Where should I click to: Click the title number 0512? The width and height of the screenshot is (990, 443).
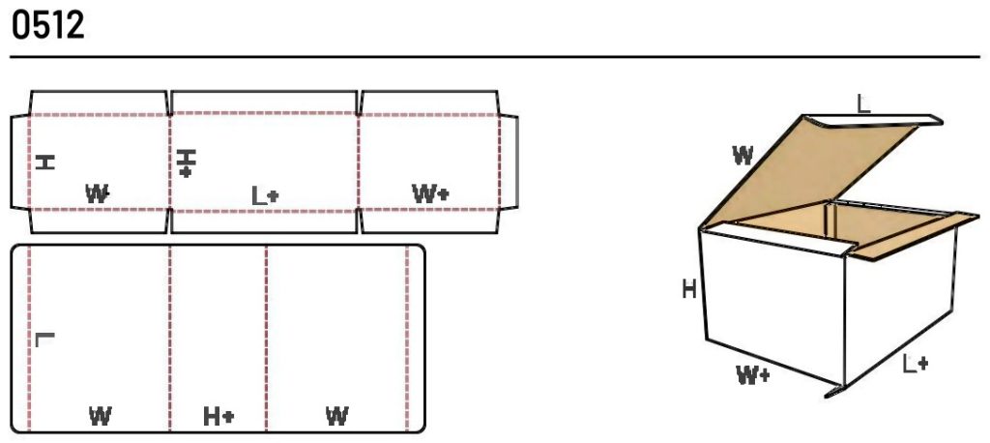pyautogui.click(x=48, y=26)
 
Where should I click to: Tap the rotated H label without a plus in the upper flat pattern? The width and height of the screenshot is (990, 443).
pyautogui.click(x=44, y=162)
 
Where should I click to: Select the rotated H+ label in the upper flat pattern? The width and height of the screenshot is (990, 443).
pyautogui.click(x=186, y=163)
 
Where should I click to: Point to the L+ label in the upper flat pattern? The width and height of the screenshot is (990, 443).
pyautogui.click(x=265, y=196)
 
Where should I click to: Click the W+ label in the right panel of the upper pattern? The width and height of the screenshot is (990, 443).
pyautogui.click(x=430, y=193)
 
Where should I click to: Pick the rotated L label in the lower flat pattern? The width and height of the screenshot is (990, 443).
pyautogui.click(x=44, y=340)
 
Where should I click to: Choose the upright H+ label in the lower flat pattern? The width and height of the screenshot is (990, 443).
pyautogui.click(x=218, y=417)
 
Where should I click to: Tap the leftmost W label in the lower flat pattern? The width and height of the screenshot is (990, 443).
pyautogui.click(x=101, y=417)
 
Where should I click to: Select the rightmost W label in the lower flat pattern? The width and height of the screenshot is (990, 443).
pyautogui.click(x=337, y=417)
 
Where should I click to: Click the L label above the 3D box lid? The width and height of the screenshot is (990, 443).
pyautogui.click(x=863, y=103)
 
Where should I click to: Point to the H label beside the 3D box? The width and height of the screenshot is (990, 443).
pyautogui.click(x=689, y=290)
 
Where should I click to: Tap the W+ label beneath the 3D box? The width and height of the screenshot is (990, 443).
pyautogui.click(x=753, y=374)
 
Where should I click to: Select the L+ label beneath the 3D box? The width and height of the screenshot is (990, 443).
pyautogui.click(x=916, y=364)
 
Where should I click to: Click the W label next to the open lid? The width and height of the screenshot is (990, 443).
pyautogui.click(x=743, y=155)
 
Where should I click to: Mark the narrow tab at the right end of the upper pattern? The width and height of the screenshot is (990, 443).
pyautogui.click(x=509, y=162)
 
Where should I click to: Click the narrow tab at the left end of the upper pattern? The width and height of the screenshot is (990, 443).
pyautogui.click(x=20, y=162)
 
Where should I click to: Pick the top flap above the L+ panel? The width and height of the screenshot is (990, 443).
pyautogui.click(x=264, y=103)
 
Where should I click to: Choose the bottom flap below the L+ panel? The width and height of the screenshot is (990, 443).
pyautogui.click(x=264, y=221)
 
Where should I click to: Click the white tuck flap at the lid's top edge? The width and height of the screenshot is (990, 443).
pyautogui.click(x=874, y=121)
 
